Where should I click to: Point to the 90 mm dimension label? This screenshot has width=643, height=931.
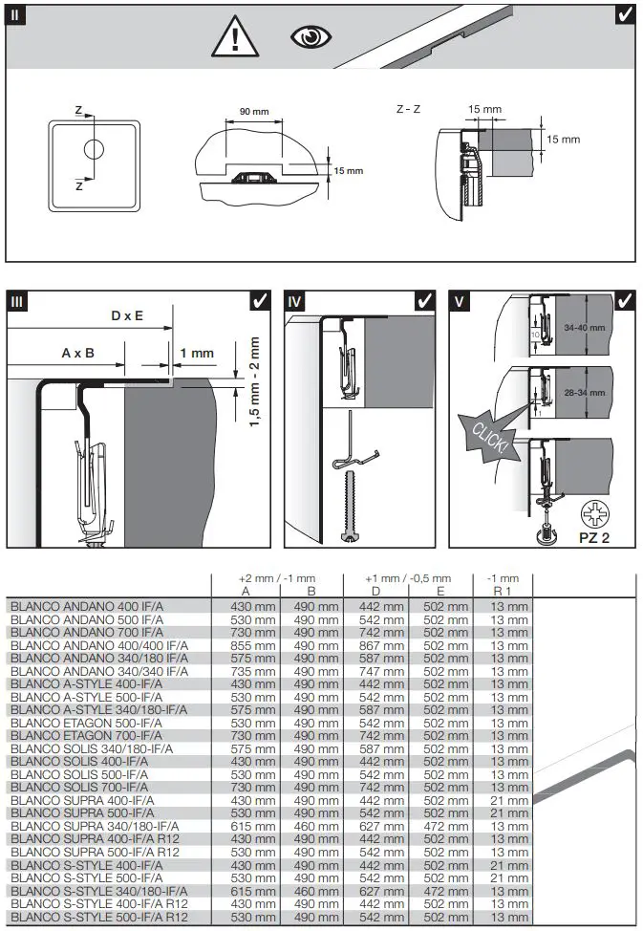coord(253,112)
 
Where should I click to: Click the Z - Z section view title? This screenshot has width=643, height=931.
coord(409,110)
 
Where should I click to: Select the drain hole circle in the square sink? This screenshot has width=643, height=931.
coord(94,150)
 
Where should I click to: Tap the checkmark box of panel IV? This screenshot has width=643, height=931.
coord(425,301)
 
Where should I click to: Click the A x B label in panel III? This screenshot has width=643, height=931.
coord(78,352)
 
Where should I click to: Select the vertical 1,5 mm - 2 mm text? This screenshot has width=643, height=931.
coord(254,381)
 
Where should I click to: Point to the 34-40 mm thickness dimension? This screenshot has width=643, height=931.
coord(585,328)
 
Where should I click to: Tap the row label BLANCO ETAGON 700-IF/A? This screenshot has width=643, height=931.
coord(86,736)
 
